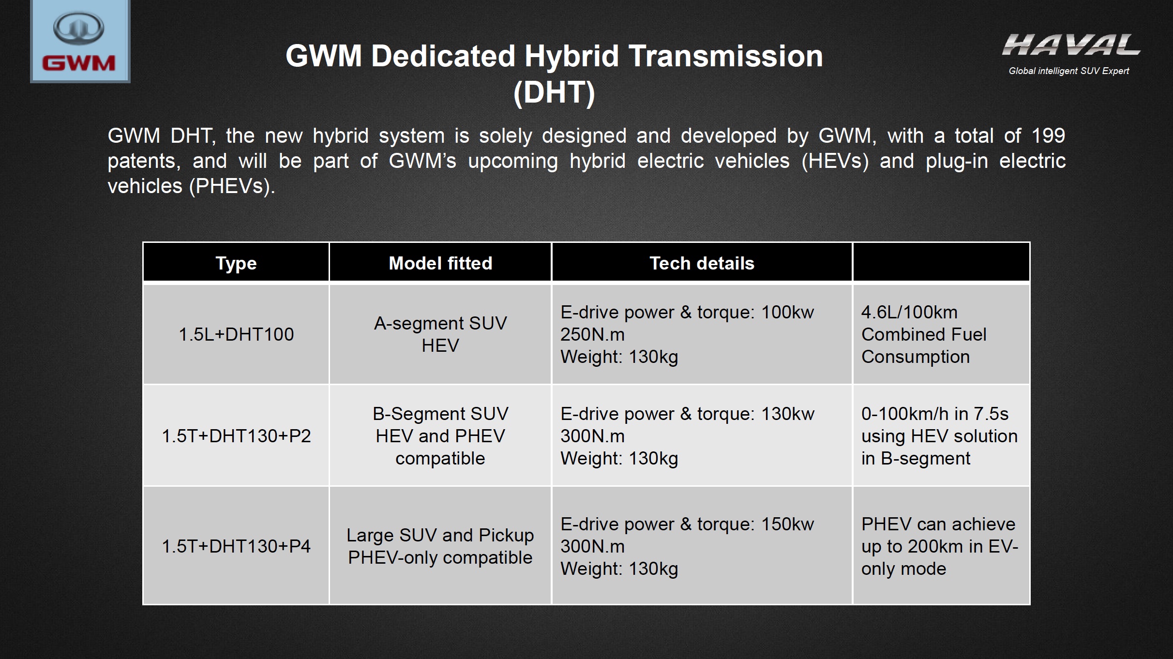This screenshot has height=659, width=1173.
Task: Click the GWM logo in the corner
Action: point(80,41)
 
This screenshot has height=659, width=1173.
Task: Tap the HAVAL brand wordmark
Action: point(1071,45)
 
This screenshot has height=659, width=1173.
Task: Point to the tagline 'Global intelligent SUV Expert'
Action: point(1068,71)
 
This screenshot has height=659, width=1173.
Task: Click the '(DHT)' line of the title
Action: point(554,92)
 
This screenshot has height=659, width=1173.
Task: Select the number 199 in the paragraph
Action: point(1048,135)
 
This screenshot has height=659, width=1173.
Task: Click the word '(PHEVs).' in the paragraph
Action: point(232,186)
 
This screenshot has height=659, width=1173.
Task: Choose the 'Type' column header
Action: point(236,264)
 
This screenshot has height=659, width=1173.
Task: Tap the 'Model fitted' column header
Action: point(440,263)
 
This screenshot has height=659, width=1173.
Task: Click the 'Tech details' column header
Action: point(702,263)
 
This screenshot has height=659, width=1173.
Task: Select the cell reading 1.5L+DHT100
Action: point(236,334)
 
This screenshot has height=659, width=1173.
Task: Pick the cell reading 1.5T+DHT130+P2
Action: point(236,436)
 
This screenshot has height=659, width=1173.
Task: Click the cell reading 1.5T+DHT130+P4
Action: point(236,546)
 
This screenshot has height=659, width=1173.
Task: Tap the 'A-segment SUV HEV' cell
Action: point(440,334)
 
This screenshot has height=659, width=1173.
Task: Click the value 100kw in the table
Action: point(788,312)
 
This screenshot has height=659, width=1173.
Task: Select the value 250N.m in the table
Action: point(592,334)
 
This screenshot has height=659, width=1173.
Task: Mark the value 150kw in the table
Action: point(788,524)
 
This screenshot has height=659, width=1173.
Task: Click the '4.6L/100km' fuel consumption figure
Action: point(909,312)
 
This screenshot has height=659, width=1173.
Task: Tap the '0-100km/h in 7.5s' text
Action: point(935,414)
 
